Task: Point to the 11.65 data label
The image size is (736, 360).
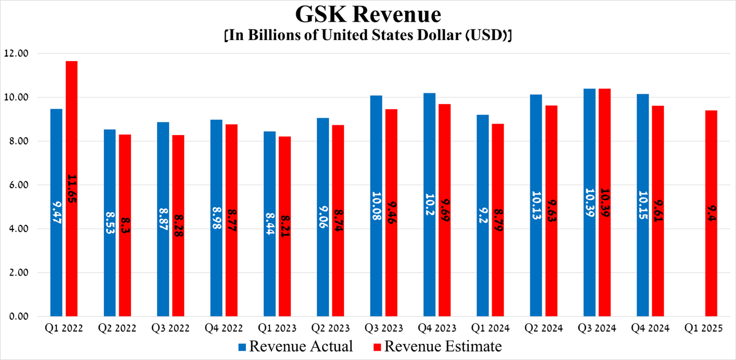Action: click(x=72, y=189)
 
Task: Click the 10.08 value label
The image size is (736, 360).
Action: click(x=376, y=206)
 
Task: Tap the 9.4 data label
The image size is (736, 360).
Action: click(x=712, y=213)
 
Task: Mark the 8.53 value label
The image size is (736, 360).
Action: click(x=110, y=223)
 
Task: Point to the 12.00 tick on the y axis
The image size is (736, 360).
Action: click(x=16, y=53)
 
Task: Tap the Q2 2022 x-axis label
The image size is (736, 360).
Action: click(x=117, y=328)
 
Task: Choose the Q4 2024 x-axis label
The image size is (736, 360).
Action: click(x=650, y=328)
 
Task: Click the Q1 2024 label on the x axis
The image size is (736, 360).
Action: click(x=490, y=328)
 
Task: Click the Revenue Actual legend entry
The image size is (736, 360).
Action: click(x=295, y=347)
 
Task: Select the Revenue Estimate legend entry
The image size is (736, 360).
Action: click(x=437, y=347)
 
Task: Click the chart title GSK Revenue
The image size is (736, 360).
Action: click(x=368, y=14)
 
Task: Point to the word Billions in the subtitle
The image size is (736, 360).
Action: click(x=273, y=35)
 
